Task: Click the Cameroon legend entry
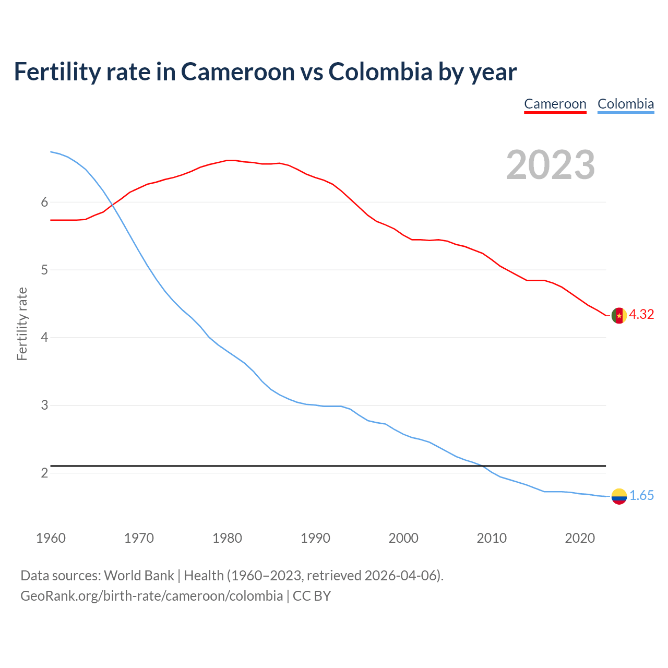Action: coord(555,104)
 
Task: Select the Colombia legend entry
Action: coord(625,104)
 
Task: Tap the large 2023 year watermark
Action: coord(550,165)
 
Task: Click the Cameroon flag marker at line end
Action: coord(618,316)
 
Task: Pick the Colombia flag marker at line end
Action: coord(618,496)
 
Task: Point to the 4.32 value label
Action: coord(641,314)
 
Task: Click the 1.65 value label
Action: coord(641,496)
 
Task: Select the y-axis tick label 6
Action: coord(44,202)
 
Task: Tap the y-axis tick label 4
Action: coord(44,338)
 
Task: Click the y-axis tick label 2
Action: coord(44,473)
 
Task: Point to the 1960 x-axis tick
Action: coord(51,538)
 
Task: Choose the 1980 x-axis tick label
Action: coord(227,538)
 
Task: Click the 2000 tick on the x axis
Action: coord(403,538)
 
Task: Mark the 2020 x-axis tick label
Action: coord(580,538)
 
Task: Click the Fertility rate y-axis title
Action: coord(22,324)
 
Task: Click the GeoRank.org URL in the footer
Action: coord(151,596)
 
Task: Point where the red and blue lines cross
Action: coord(112,205)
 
